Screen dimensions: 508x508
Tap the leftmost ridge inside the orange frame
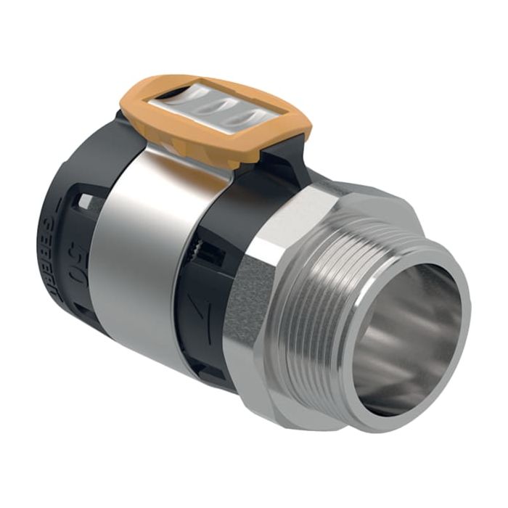click(x=185, y=101)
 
